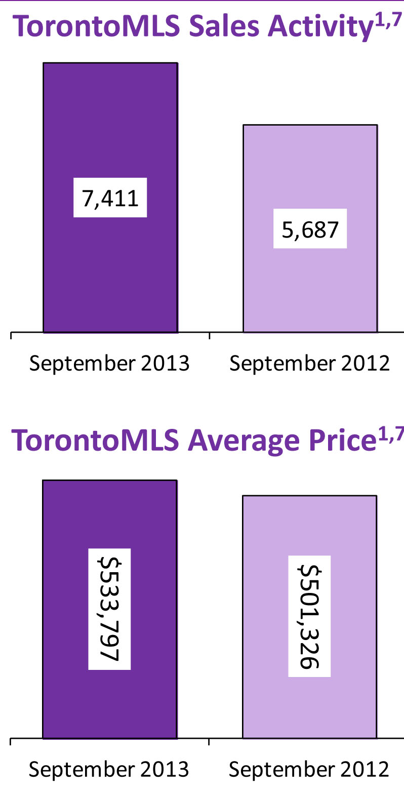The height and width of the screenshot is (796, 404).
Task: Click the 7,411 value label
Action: click(x=110, y=197)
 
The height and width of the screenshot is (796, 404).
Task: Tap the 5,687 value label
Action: click(x=310, y=229)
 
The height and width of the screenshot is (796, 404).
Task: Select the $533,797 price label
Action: click(x=109, y=609)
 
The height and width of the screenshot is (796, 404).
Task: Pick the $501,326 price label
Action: click(x=309, y=616)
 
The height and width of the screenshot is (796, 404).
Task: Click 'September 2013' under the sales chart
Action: click(x=109, y=364)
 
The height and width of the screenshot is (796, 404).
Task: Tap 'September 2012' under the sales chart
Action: click(x=309, y=364)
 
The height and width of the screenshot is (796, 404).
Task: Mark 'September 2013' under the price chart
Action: click(x=109, y=770)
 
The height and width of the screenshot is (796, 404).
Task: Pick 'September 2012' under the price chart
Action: click(x=309, y=770)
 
